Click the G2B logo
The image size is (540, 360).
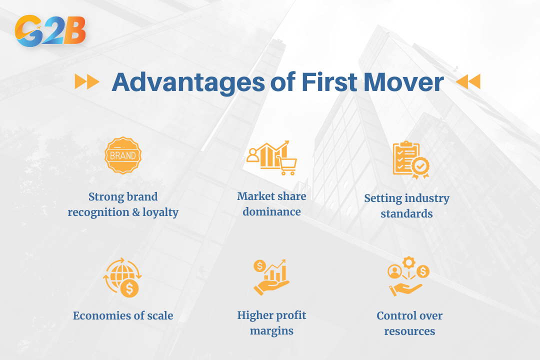coord(50,30)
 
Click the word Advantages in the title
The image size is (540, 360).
coord(188,82)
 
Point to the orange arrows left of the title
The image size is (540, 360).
coord(87,82)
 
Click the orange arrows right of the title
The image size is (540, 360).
coord(468,82)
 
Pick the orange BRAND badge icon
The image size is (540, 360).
coord(123,155)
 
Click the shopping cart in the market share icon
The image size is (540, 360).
coord(287,165)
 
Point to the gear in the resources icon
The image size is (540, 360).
coord(409,262)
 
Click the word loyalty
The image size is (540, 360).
coord(160,212)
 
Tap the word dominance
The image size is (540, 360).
coord(271,211)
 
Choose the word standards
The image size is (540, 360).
coord(406,213)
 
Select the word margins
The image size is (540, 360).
coord(271,331)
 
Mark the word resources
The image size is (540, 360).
coord(409,331)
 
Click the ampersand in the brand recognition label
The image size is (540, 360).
coord(136,212)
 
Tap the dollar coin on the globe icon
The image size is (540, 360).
coord(129,288)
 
